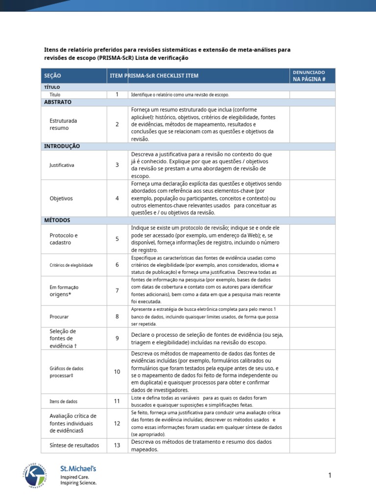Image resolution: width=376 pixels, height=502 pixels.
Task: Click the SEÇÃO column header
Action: tap(53, 76)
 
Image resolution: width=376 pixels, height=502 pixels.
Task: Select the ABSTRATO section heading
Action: tap(58, 102)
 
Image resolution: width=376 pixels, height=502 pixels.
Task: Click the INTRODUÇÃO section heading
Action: tap(62, 146)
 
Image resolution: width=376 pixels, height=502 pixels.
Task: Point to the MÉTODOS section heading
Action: tap(57, 220)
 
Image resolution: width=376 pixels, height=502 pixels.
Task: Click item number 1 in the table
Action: tap(117, 94)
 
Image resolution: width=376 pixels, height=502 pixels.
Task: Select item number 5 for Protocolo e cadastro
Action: tap(117, 239)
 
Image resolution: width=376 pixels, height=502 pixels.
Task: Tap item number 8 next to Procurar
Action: tap(117, 316)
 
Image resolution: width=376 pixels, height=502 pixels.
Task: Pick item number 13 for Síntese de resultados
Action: tap(117, 445)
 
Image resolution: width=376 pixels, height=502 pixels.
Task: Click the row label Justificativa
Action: tap(62, 165)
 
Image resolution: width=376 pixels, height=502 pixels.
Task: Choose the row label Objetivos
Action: tap(61, 199)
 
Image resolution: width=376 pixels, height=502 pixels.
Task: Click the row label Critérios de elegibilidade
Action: tap(71, 265)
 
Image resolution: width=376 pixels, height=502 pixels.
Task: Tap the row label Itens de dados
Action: tap(63, 401)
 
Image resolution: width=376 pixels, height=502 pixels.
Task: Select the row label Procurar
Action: tap(59, 316)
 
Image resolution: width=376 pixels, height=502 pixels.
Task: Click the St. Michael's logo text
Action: tap(78, 469)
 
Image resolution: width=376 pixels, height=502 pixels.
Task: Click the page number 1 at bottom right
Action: tap(330, 475)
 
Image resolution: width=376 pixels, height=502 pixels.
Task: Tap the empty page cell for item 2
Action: tap(312, 124)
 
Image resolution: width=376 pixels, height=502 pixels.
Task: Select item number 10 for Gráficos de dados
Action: tap(117, 372)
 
